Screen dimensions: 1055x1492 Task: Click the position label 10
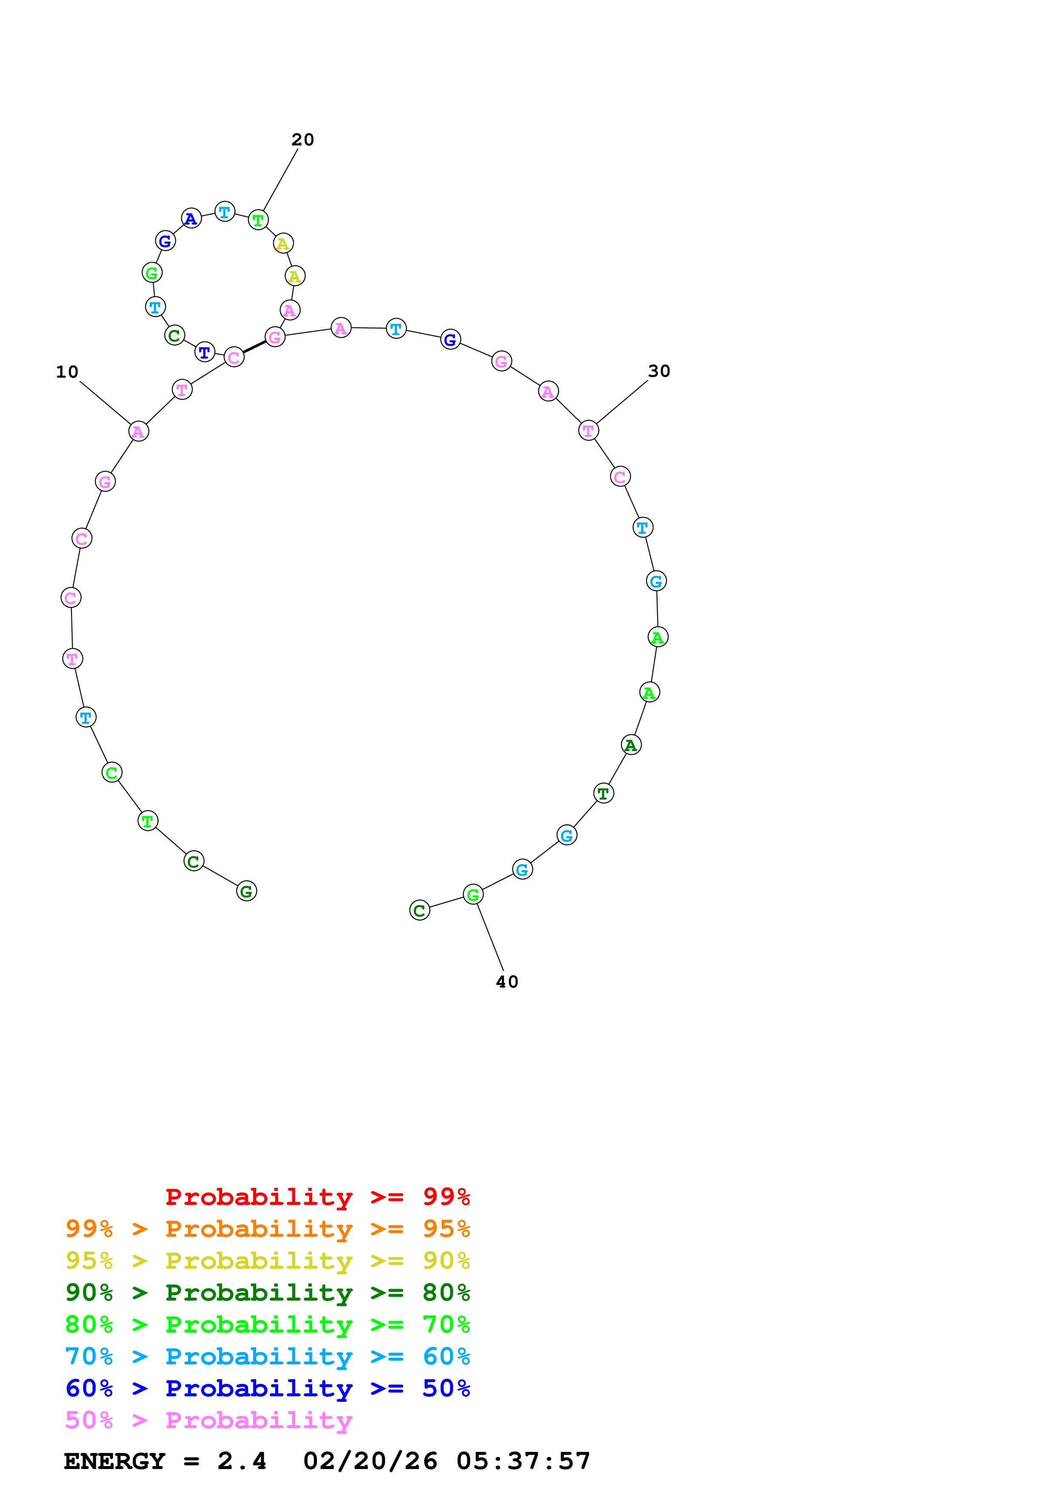pos(67,372)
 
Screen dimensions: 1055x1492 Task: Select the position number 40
pos(507,982)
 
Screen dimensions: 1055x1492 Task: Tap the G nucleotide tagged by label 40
pos(473,895)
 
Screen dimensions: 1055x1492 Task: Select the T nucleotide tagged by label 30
pos(588,430)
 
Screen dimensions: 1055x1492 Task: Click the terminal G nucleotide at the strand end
pos(246,891)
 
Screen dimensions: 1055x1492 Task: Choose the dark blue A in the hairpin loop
pos(191,218)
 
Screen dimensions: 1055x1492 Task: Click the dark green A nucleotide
pos(631,745)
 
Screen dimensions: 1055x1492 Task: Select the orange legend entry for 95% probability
pos(267,1229)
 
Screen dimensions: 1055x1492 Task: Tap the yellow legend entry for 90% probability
pos(267,1261)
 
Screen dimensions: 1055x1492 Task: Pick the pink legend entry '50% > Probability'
pos(209,1420)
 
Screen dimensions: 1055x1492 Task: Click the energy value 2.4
pos(242,1461)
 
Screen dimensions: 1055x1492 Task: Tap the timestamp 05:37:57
pos(523,1461)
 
